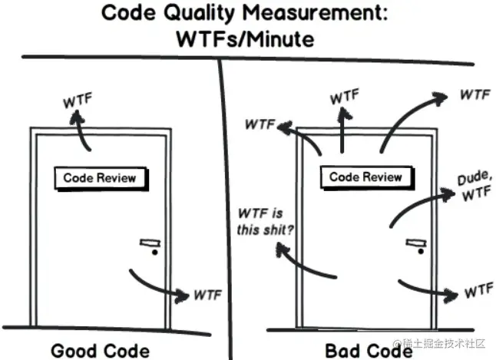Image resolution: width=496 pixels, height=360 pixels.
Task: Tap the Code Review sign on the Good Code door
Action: click(x=100, y=178)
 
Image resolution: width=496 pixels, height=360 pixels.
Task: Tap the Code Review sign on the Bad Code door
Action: click(x=365, y=177)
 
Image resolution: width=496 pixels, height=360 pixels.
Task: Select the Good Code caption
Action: click(x=100, y=351)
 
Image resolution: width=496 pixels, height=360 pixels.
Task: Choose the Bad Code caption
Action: click(x=369, y=351)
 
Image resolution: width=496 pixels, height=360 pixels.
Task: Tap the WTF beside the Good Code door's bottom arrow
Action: click(x=207, y=294)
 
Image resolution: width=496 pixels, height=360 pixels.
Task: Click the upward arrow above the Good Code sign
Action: click(x=79, y=130)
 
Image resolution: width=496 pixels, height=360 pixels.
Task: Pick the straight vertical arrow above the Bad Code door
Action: click(x=342, y=130)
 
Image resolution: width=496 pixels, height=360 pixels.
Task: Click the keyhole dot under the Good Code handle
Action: click(x=154, y=253)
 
